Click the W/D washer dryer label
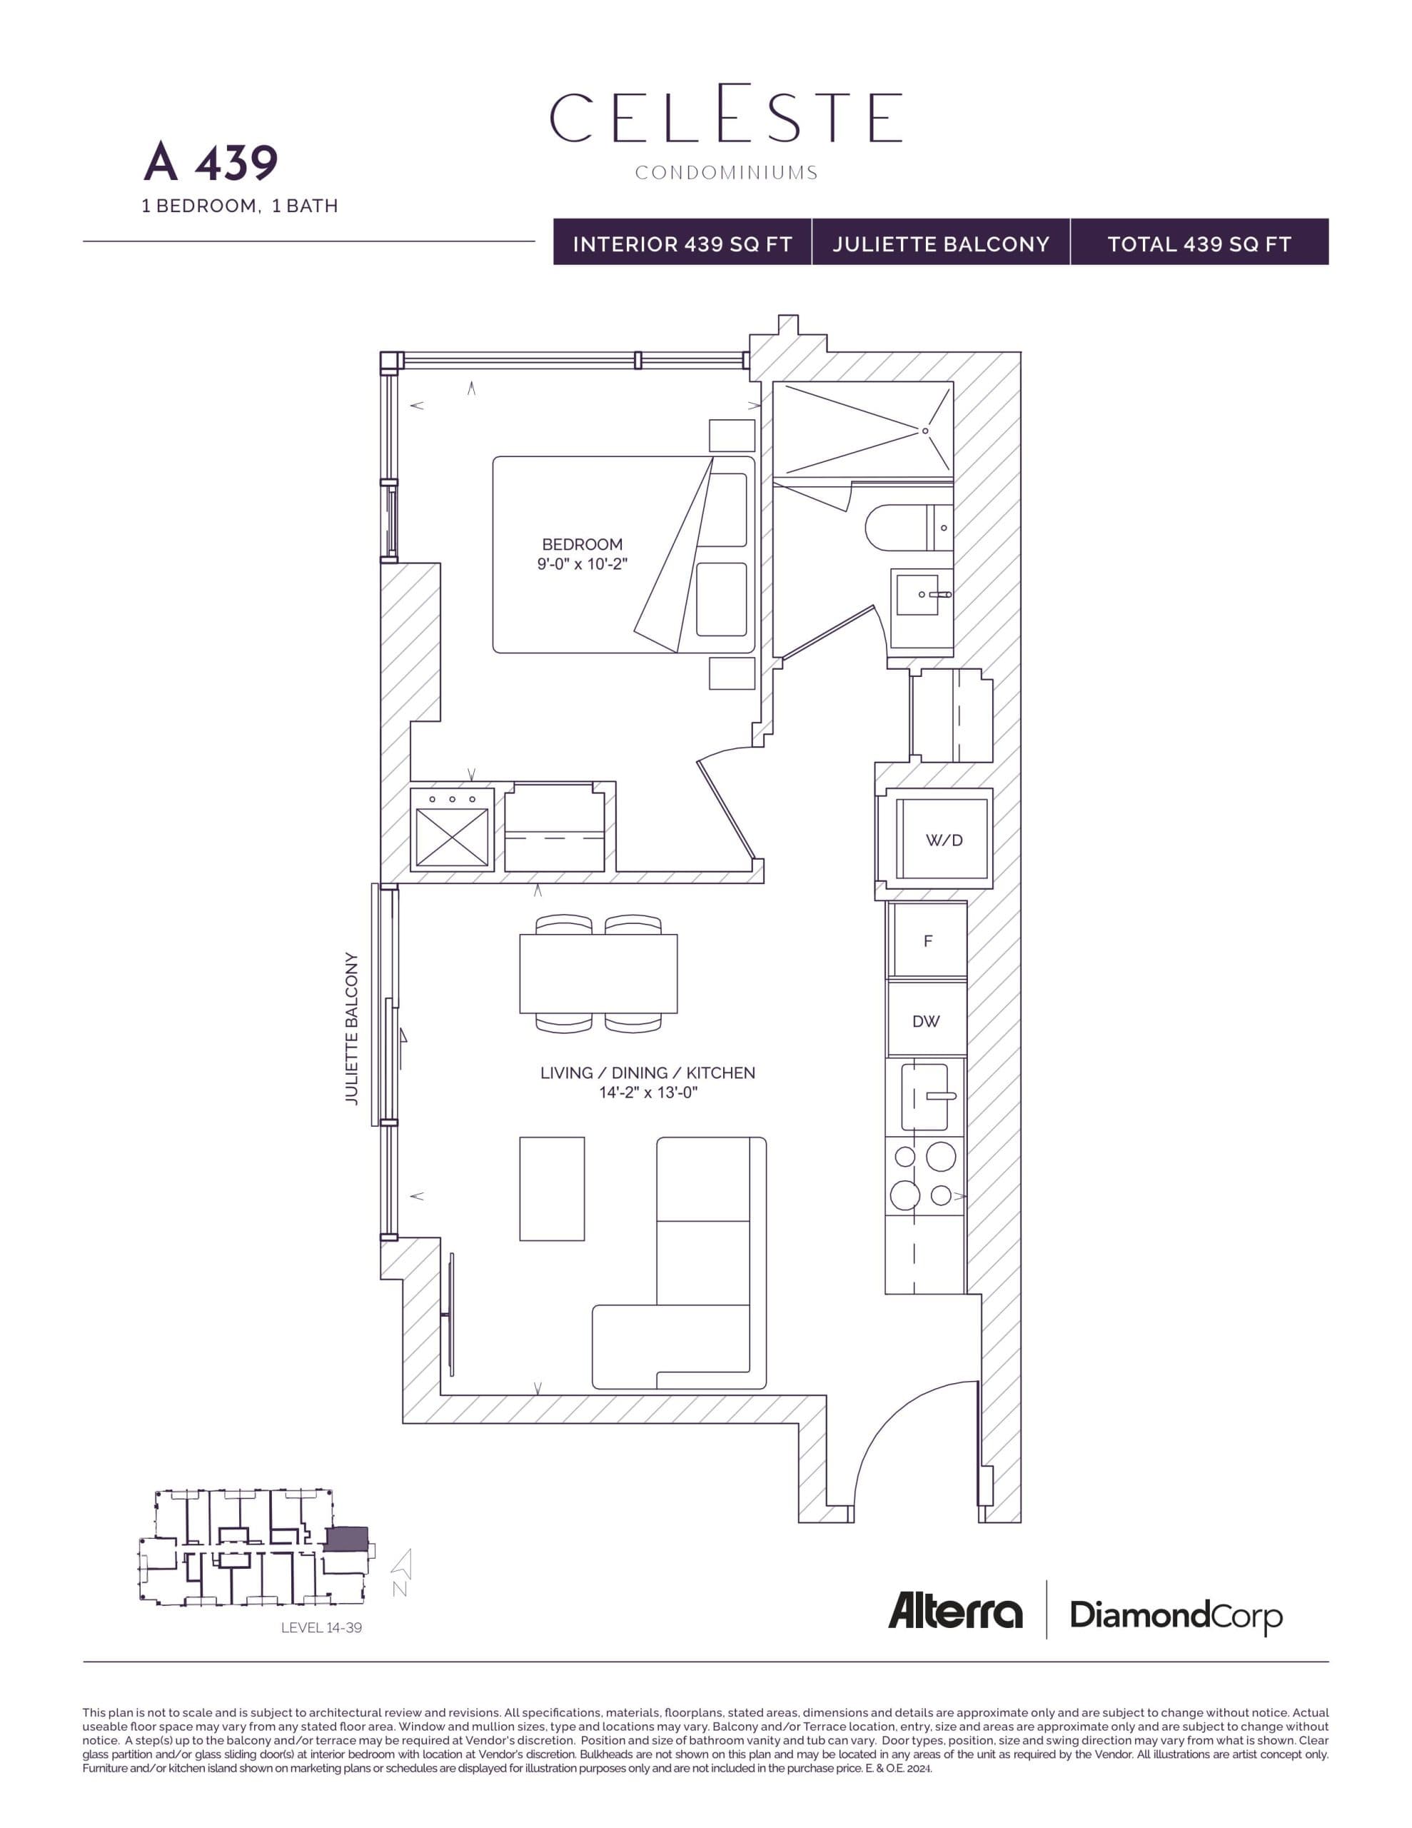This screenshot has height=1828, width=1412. click(943, 840)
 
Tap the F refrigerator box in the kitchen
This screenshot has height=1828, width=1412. click(927, 941)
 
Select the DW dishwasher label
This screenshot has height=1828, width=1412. click(926, 1021)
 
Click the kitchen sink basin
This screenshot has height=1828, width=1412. click(924, 1097)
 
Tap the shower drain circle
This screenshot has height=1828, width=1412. click(925, 431)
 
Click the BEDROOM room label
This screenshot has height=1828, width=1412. click(582, 544)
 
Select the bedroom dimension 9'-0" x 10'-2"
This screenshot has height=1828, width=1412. click(582, 564)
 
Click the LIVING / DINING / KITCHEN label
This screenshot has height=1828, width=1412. click(647, 1073)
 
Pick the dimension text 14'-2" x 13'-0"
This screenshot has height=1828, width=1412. click(647, 1093)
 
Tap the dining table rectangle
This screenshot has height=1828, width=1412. click(597, 973)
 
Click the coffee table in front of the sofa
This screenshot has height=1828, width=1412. click(552, 1188)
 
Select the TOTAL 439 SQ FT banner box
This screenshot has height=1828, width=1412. click(1199, 243)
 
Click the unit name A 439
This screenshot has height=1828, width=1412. click(211, 162)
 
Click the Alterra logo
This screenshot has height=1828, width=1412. click(955, 1611)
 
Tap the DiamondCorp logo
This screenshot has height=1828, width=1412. click(1175, 1614)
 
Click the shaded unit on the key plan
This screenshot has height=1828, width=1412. click(346, 1540)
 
